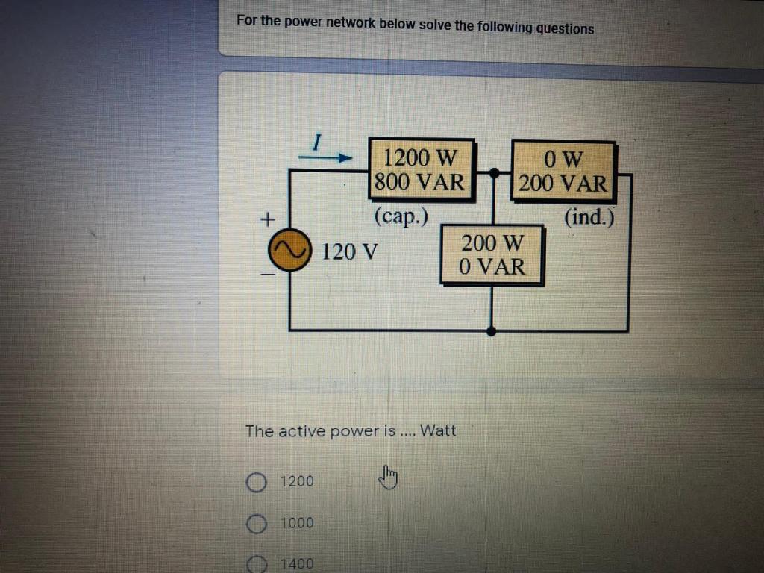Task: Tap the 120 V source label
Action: pyautogui.click(x=349, y=252)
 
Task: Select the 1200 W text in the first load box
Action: pyautogui.click(x=419, y=158)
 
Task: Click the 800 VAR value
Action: pyautogui.click(x=419, y=182)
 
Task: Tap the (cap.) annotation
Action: pyautogui.click(x=402, y=216)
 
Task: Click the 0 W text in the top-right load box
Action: pyautogui.click(x=563, y=159)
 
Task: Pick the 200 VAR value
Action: pyautogui.click(x=563, y=183)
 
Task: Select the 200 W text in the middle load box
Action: pyautogui.click(x=492, y=243)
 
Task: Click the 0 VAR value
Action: pyautogui.click(x=492, y=266)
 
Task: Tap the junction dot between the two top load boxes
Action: pyautogui.click(x=493, y=173)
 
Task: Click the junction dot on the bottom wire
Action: pyautogui.click(x=491, y=330)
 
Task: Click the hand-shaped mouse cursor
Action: pyautogui.click(x=389, y=476)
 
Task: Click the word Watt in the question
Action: pyautogui.click(x=438, y=430)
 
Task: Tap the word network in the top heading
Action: pyautogui.click(x=350, y=22)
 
